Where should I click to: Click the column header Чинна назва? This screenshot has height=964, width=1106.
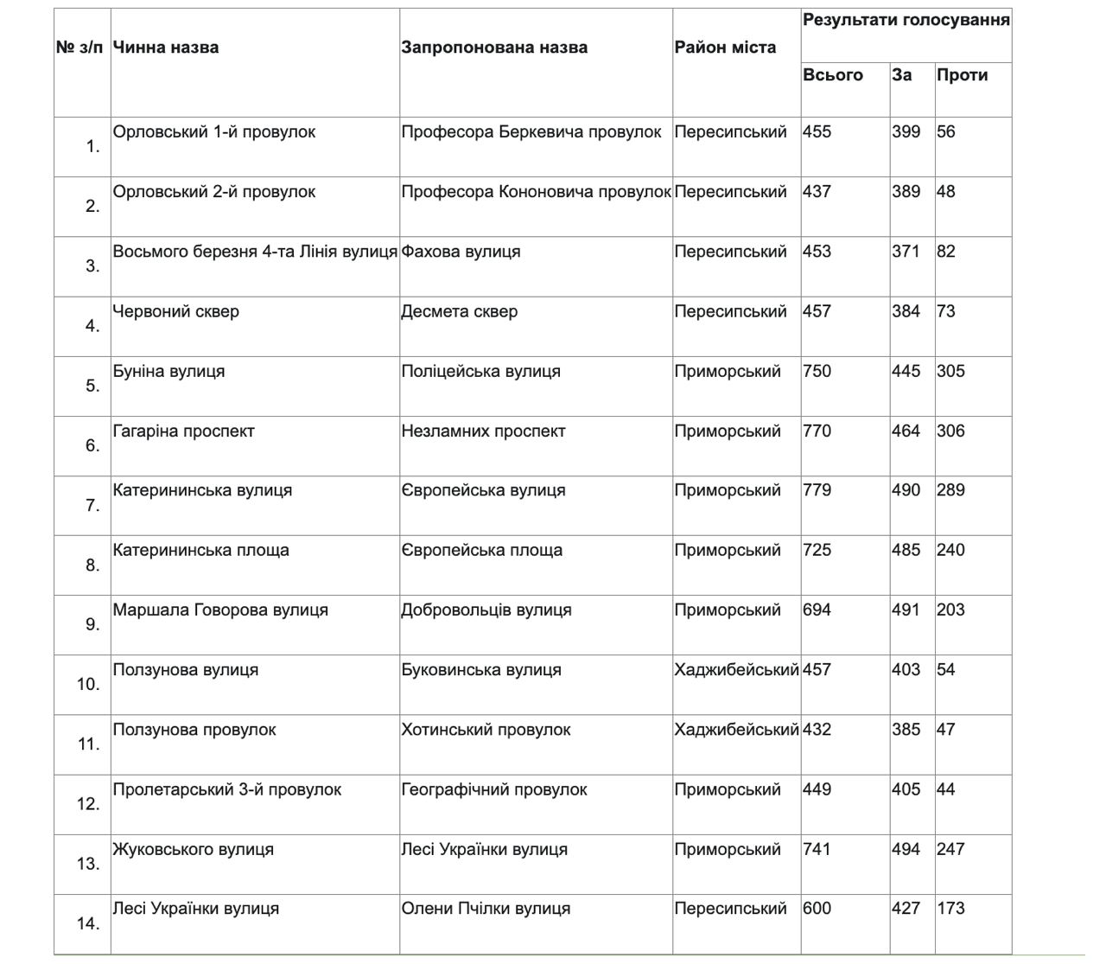click(166, 48)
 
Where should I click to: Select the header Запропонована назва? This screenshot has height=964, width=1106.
click(494, 48)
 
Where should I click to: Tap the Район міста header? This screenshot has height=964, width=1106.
click(725, 48)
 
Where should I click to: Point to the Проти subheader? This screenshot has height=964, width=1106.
click(962, 75)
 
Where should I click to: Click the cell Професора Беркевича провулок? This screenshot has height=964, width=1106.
click(531, 132)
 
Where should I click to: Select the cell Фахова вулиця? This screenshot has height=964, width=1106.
click(461, 252)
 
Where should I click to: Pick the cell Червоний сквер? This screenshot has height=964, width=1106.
click(176, 311)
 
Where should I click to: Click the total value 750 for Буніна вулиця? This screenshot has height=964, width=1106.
click(817, 371)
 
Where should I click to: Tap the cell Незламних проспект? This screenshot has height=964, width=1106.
click(483, 431)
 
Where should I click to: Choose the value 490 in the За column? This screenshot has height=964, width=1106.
click(906, 490)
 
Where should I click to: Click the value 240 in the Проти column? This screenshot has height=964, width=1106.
click(950, 550)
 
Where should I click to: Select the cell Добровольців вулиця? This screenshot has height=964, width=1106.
click(486, 610)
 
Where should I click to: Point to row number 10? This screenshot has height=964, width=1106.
click(88, 684)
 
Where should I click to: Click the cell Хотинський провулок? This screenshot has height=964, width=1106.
click(486, 730)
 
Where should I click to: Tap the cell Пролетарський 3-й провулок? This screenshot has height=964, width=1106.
click(227, 789)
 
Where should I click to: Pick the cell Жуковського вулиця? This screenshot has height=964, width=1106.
click(194, 849)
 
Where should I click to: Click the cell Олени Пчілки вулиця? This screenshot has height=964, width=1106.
click(486, 909)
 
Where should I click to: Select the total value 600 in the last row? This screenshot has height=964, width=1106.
click(817, 909)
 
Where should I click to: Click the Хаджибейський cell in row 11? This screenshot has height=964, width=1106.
click(736, 730)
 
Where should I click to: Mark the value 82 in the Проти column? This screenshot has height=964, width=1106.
click(946, 252)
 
